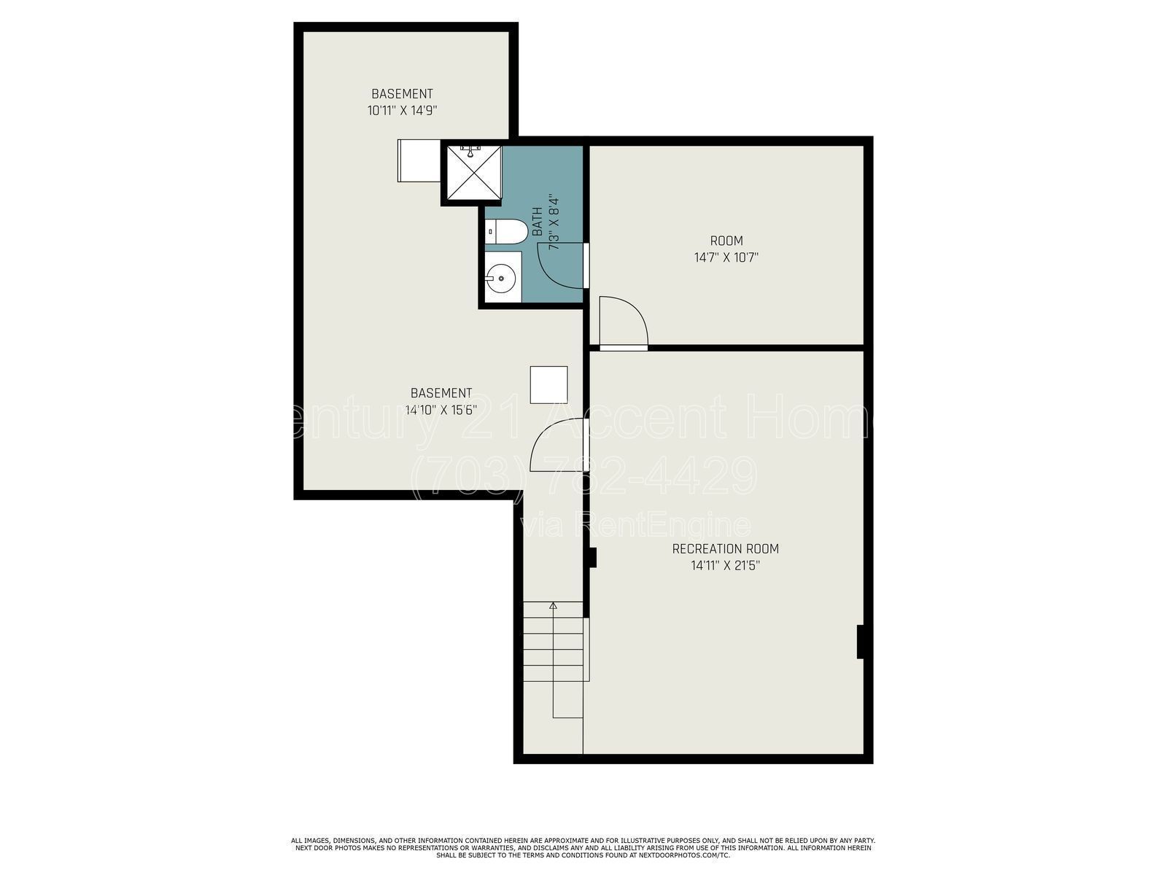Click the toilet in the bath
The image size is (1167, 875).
[507, 231]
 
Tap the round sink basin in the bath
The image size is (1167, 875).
[501, 277]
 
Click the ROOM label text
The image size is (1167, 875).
[726, 241]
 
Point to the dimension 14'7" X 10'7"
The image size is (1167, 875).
[726, 257]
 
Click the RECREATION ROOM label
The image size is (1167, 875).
[725, 549]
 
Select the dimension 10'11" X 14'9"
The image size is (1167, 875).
[403, 111]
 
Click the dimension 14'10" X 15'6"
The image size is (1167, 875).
[441, 410]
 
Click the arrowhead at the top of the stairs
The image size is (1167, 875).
[553, 605]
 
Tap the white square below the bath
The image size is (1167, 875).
[548, 385]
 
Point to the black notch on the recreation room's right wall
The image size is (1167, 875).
[861, 642]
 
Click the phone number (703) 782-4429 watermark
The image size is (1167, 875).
[583, 475]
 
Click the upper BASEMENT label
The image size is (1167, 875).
[402, 94]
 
